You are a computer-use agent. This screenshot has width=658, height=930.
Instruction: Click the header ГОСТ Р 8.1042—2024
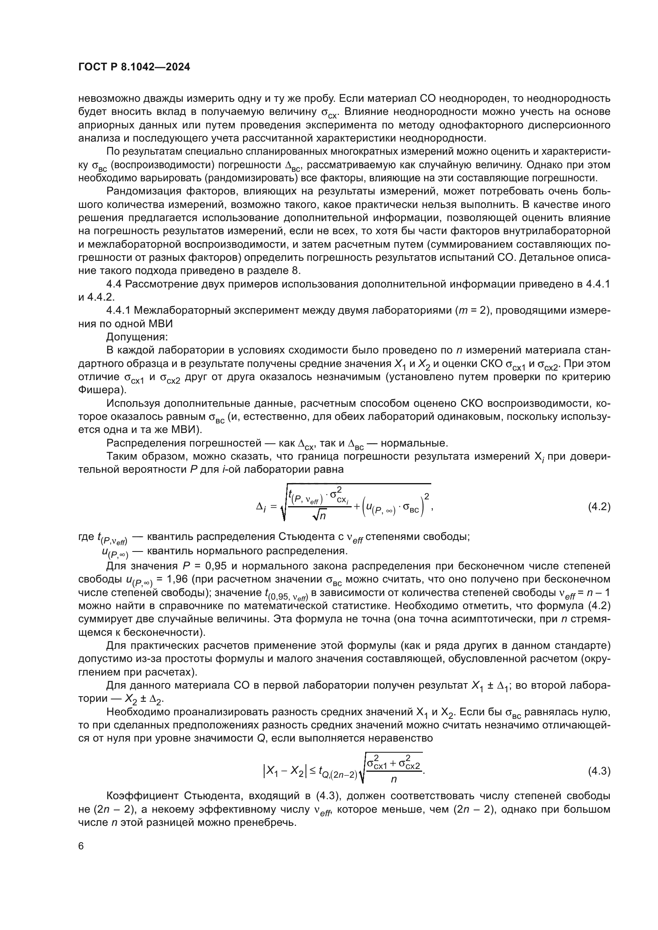pyautogui.click(x=134, y=67)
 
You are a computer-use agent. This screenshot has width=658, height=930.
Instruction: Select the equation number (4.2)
pyautogui.click(x=599, y=506)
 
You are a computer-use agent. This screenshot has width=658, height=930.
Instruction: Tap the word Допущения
pyautogui.click(x=137, y=337)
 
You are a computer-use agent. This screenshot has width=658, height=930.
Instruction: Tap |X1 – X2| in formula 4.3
pyautogui.click(x=284, y=772)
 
